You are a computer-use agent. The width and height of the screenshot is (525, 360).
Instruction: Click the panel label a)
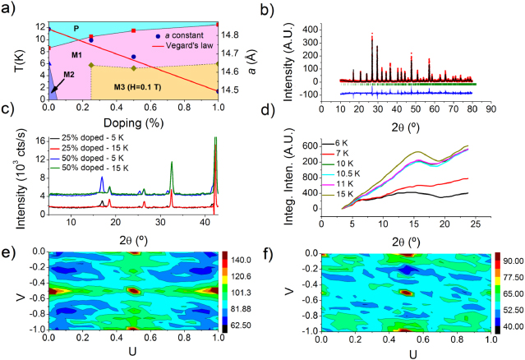click(10, 11)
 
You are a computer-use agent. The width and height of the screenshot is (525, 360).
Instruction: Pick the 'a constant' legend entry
click(182, 36)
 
